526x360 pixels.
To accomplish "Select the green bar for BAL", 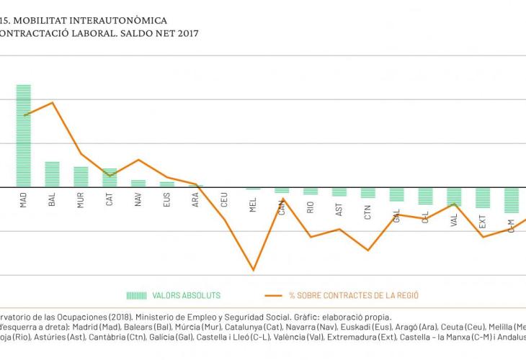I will (52, 174).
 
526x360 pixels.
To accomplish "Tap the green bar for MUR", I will (81, 176).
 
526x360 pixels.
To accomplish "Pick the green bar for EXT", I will (483, 198).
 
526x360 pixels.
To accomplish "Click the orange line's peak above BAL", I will (52, 102).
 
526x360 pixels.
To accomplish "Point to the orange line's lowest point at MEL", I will (253, 271).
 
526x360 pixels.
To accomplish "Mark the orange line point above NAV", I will (138, 160).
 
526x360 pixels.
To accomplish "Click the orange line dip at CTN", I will (368, 251).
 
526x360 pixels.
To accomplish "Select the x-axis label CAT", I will (110, 199).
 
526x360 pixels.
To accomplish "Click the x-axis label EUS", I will (167, 199).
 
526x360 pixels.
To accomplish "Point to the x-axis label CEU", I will (225, 199).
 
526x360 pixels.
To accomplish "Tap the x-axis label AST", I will (339, 209).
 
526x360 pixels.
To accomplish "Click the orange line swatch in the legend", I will (273, 295).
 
